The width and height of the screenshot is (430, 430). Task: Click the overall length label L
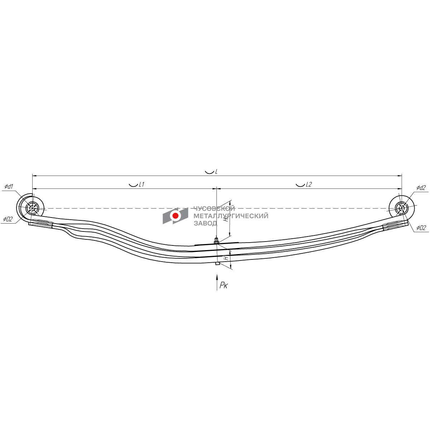tap(216, 172)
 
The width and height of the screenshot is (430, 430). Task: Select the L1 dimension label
tap(142, 184)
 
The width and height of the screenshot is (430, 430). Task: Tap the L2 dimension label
tap(309, 184)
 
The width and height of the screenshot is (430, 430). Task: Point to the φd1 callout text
tap(9, 186)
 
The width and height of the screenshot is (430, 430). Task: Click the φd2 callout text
tap(421, 188)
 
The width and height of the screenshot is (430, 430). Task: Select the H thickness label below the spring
tap(226, 258)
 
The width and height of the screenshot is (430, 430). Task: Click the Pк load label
tap(223, 285)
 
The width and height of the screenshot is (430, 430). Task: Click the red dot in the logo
tap(175, 216)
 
